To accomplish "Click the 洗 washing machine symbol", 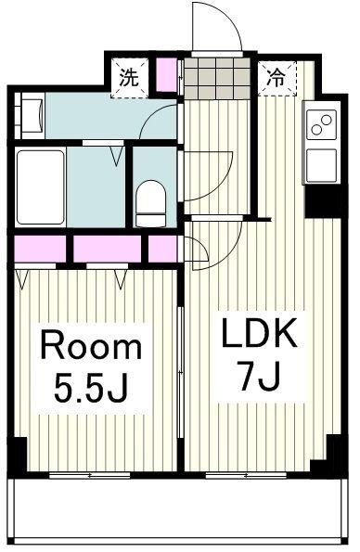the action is point(129,78).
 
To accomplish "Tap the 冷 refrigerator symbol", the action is point(276,78).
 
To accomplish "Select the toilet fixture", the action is point(150,203).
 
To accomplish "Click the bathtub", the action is point(41,187).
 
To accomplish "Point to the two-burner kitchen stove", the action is point(321,125).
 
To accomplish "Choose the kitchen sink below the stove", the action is point(321,165).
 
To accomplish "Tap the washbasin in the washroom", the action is point(32,115).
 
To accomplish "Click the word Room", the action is point(91,346).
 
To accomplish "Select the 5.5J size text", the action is point(90,388).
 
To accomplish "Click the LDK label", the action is point(258,334).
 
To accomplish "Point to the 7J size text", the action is point(260,376).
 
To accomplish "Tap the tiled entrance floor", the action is point(217,78).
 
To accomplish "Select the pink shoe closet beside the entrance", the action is point(166,75).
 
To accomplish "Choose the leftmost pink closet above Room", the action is point(40,249).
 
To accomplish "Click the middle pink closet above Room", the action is point(107,249).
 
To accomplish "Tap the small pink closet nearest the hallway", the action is point(162,249).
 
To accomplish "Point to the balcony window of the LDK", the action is point(246,475).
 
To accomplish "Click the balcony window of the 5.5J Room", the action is point(90,475).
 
